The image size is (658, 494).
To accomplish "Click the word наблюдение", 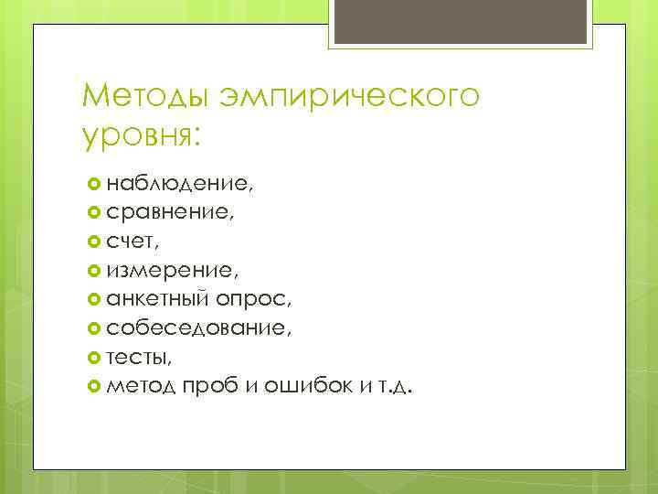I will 178,184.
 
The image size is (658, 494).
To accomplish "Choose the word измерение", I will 172,271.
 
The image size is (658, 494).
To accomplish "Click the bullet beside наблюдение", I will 95,184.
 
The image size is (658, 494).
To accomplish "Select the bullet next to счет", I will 95,242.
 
